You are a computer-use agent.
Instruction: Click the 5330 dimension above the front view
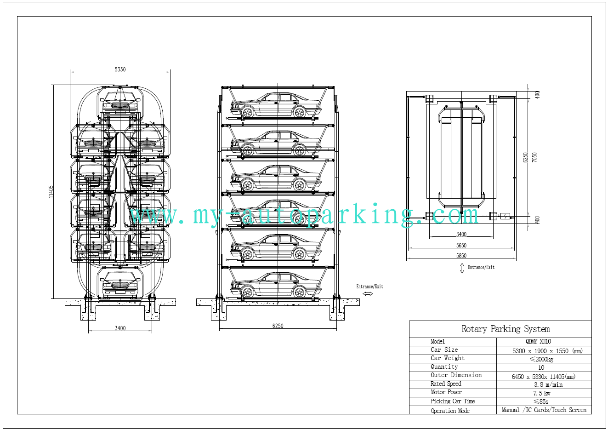coord(120,69)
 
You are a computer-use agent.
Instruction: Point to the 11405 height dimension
coord(51,192)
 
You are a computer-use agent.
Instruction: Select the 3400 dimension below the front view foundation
coord(120,328)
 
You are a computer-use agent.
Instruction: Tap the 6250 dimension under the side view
coord(278,326)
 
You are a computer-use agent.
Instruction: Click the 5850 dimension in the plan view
coord(461,256)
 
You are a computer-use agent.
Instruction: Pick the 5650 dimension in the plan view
coord(461,245)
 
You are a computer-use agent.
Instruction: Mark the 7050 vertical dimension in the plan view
coord(534,158)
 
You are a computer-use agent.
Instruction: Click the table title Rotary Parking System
coord(506,329)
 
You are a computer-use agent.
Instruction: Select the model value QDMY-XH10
coord(538,341)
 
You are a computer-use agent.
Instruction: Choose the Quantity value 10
coord(541,367)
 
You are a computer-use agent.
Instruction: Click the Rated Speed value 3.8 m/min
coord(548,384)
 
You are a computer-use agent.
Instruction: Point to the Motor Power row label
coord(446,392)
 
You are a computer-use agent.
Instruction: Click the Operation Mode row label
coord(450,411)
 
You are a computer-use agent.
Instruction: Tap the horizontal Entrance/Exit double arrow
coord(368,293)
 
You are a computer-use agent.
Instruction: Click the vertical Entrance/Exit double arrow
coord(462,269)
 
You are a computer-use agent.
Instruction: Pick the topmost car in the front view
coord(120,103)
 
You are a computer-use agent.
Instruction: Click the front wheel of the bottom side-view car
coord(247,292)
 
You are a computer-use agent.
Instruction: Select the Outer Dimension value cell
coord(544,376)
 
